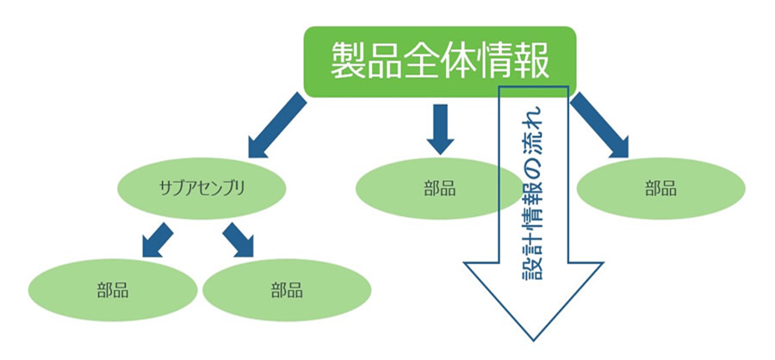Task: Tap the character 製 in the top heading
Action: click(347, 61)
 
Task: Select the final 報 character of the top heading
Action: click(533, 61)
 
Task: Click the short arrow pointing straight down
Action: click(441, 127)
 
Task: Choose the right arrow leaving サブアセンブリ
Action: click(239, 239)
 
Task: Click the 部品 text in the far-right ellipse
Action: click(660, 189)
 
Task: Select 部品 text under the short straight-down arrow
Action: click(440, 189)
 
